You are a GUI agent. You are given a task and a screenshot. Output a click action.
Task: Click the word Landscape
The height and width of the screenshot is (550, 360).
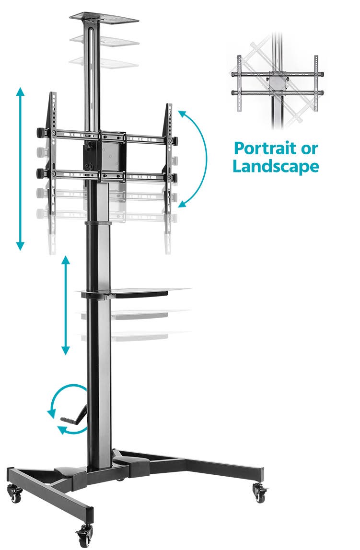(276, 166)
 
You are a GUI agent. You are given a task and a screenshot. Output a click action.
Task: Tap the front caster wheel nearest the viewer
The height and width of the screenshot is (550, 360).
(84, 536)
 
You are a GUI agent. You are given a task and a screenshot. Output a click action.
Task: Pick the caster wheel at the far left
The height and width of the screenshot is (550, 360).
(15, 493)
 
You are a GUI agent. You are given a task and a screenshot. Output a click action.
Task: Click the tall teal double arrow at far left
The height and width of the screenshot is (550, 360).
(20, 169)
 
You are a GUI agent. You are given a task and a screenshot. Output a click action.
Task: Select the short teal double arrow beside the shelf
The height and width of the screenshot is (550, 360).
(66, 305)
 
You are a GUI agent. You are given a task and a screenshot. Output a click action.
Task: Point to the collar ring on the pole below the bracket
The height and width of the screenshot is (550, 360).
(98, 223)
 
